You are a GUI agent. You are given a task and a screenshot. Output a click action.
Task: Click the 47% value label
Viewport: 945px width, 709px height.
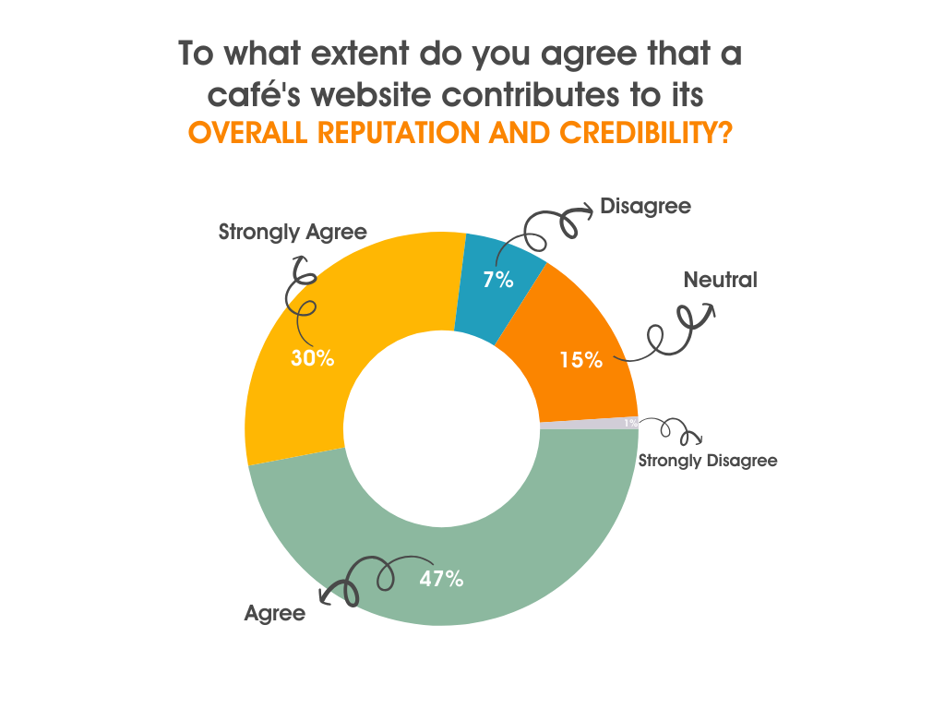441,580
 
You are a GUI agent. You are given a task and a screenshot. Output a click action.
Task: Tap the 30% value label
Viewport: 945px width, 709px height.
312,358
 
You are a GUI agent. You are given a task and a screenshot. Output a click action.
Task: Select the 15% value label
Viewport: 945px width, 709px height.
580,360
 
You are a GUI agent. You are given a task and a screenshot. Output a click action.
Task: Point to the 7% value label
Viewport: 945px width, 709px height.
497,280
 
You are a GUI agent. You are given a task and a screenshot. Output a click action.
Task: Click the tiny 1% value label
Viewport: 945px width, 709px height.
630,423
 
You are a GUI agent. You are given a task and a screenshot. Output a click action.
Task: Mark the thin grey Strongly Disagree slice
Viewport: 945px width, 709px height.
591,424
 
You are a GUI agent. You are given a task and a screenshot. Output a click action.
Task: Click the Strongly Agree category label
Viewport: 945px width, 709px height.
293,232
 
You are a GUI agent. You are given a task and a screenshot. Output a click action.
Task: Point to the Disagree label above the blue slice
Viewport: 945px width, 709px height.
645,206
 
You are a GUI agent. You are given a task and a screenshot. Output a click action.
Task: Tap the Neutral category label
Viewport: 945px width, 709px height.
720,280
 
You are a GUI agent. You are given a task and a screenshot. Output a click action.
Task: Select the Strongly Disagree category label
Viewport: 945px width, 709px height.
708,460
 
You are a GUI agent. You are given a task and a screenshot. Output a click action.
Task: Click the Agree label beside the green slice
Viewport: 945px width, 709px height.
274,613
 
